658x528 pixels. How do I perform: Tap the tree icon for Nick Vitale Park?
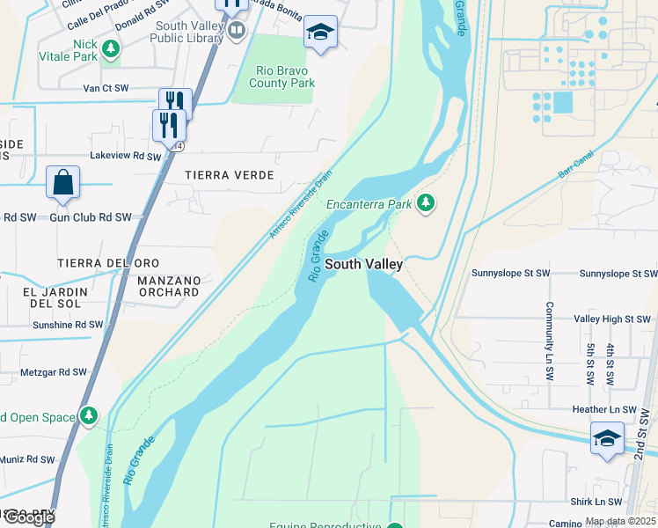pyautogui.click(x=110, y=49)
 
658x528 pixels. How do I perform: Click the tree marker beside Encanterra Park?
pyautogui.click(x=426, y=204)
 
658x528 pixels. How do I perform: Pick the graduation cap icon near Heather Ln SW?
pyautogui.click(x=607, y=438)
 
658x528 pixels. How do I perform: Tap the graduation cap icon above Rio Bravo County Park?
pyautogui.click(x=321, y=33)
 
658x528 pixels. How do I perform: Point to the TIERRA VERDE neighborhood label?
pyautogui.click(x=230, y=175)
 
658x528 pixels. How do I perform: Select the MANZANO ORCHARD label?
pyautogui.click(x=168, y=286)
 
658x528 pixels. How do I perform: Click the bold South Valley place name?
pyautogui.click(x=364, y=264)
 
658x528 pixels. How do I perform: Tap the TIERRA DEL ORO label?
pyautogui.click(x=108, y=263)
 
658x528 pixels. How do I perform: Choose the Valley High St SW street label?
pyautogui.click(x=610, y=319)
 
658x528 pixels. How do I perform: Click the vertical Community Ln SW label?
pyautogui.click(x=548, y=341)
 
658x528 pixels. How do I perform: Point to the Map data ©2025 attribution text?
pyautogui.click(x=620, y=522)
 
